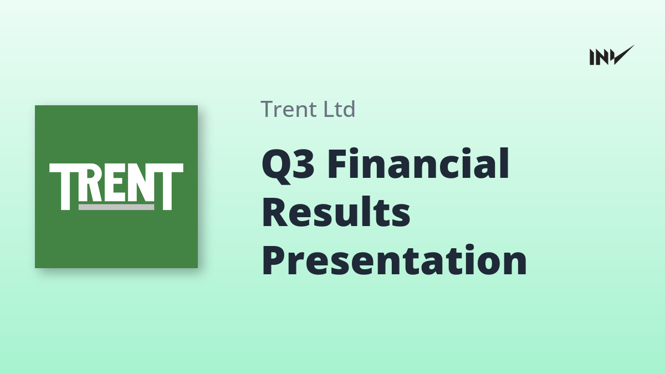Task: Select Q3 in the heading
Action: (x=288, y=165)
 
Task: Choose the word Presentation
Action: (x=395, y=260)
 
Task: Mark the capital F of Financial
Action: (x=338, y=163)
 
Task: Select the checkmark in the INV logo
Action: (x=622, y=55)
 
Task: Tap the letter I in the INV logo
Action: (x=592, y=57)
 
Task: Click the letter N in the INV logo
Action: (x=601, y=57)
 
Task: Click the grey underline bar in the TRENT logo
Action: (x=116, y=207)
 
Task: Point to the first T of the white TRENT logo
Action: (x=63, y=186)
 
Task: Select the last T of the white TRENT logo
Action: (x=168, y=186)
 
